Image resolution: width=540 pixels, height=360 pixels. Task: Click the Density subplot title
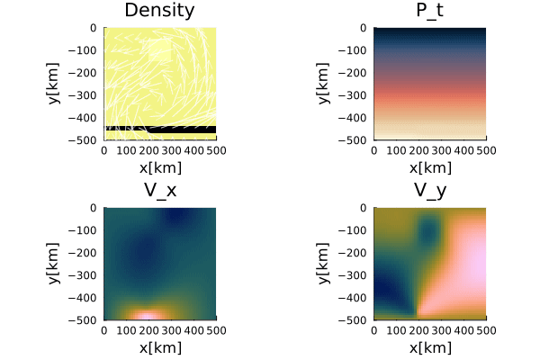click(x=160, y=11)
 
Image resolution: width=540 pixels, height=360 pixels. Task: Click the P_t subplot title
click(x=430, y=11)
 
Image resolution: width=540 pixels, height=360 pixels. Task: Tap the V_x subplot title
click(x=160, y=190)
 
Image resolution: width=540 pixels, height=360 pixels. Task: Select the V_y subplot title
click(x=430, y=190)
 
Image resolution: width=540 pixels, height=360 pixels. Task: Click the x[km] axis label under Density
click(x=160, y=167)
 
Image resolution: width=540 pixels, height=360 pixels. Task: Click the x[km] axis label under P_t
click(x=430, y=167)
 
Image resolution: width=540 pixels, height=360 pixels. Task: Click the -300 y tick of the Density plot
click(x=87, y=95)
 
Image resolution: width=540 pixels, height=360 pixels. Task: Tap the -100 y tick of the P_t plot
click(x=357, y=50)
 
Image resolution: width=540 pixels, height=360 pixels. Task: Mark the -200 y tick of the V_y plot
click(x=357, y=253)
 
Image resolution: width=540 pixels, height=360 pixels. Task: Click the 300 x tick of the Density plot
click(x=172, y=151)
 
